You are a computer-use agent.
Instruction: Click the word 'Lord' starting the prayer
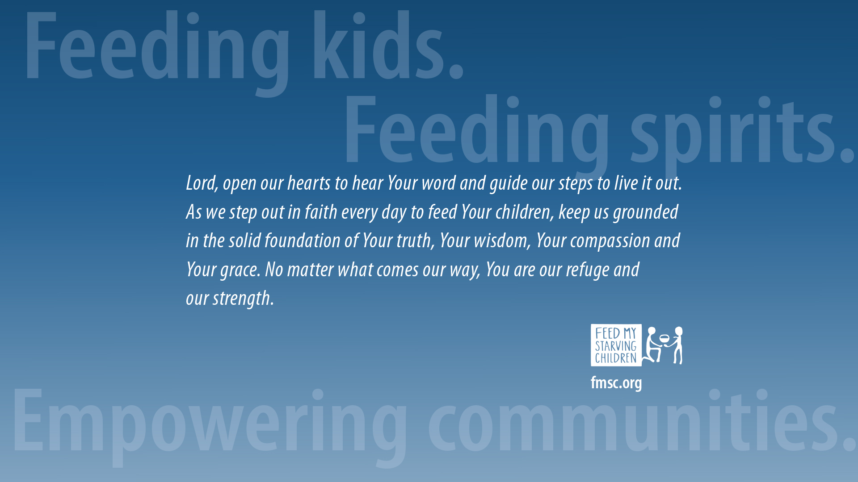[x=202, y=183]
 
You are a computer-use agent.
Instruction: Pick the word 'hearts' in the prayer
[x=309, y=183]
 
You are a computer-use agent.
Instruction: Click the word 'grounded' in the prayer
[x=646, y=212]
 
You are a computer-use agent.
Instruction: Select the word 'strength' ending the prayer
[x=243, y=299]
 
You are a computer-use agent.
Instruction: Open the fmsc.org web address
[x=616, y=383]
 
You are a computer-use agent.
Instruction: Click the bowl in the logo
[x=665, y=338]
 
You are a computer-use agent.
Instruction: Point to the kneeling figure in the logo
[x=652, y=345]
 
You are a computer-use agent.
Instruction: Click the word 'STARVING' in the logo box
[x=616, y=346]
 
